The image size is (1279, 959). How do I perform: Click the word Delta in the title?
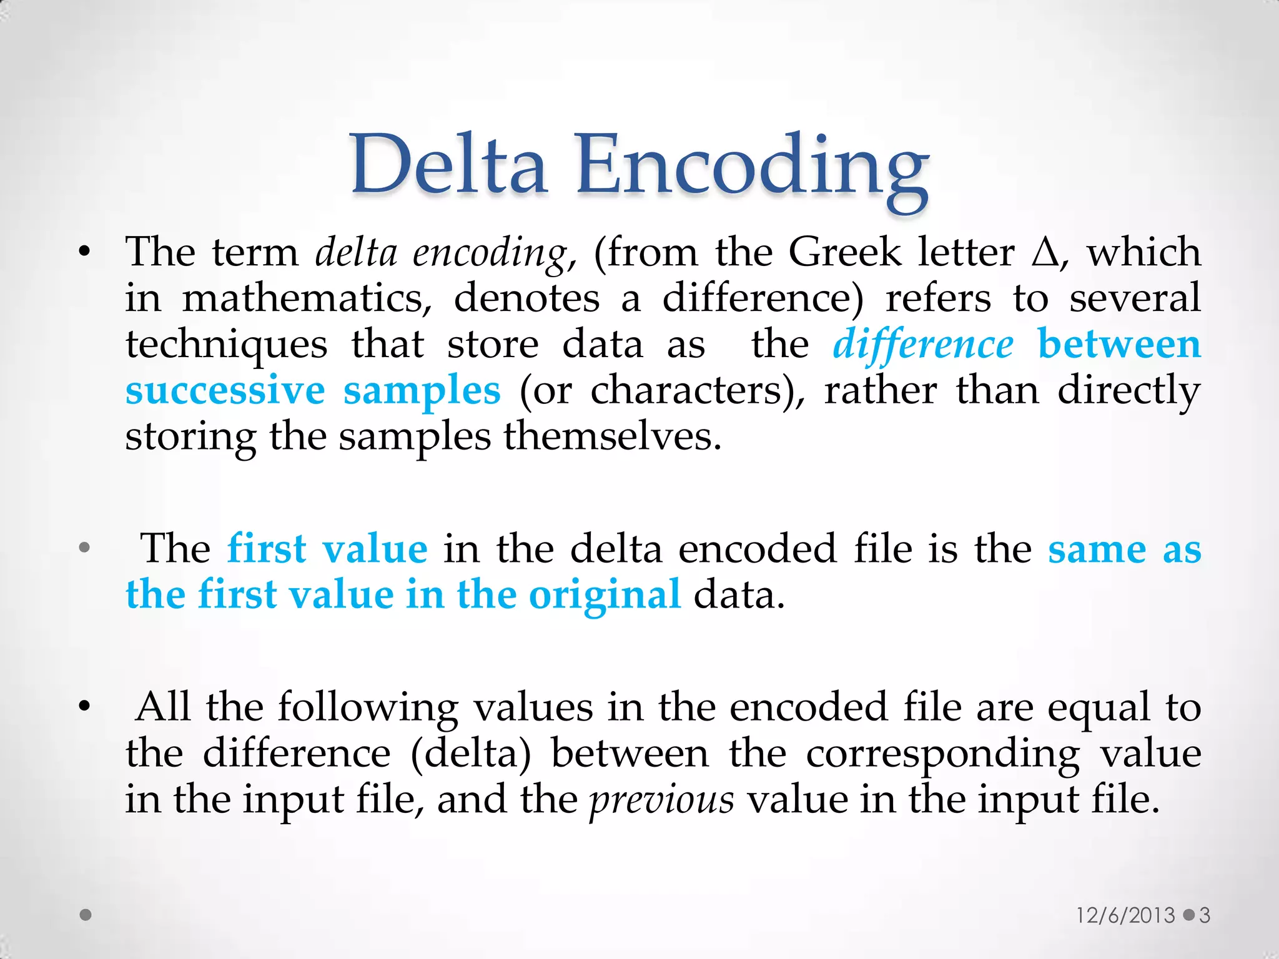coord(448,165)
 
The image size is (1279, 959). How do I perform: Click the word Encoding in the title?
coord(752,169)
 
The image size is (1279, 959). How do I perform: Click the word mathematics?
coord(307,298)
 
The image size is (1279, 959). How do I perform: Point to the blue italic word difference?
coord(923,345)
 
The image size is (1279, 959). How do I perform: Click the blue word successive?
coord(225,391)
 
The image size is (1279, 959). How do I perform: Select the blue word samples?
coord(422,392)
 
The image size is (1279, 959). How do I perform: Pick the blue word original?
coord(605,596)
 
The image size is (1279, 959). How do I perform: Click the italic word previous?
coord(661,800)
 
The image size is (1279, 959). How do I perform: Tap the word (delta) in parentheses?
coord(472,754)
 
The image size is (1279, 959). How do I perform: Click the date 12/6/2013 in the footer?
coord(1125,915)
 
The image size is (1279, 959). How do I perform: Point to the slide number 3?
coord(1205,915)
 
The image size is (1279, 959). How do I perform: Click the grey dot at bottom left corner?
coord(86,915)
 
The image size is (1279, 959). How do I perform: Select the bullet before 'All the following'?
coord(85,708)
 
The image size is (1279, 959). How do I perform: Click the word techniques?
coord(226,345)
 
